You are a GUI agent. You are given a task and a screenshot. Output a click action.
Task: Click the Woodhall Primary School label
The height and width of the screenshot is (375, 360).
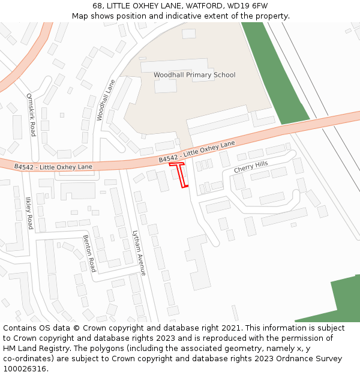coord(194,75)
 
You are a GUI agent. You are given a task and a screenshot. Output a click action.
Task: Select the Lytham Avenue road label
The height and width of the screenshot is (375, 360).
coord(139,253)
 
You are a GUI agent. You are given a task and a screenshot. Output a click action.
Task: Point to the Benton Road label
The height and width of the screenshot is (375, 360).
coord(89,253)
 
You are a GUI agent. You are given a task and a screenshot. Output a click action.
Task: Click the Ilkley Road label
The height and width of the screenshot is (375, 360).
coord(29,214)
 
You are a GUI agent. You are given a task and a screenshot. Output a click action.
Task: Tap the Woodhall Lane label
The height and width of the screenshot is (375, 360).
coord(105,100)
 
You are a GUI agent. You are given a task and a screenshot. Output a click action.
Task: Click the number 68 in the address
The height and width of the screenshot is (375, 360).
coord(98,6)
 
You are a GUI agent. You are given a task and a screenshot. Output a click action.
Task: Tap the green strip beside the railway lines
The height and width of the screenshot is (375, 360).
coord(273,72)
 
